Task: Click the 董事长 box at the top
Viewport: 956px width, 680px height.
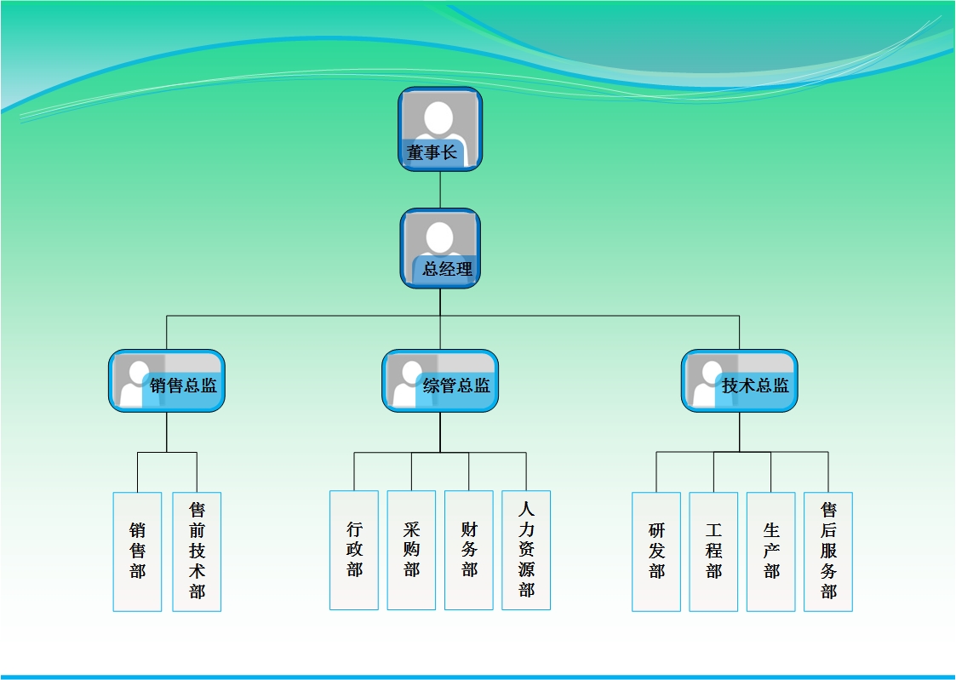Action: click(x=440, y=129)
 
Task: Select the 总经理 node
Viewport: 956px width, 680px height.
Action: click(x=440, y=248)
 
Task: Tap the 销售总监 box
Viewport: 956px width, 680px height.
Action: click(x=167, y=381)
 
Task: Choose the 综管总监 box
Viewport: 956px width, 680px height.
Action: click(x=440, y=381)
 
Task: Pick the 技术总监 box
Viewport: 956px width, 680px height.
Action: click(x=739, y=381)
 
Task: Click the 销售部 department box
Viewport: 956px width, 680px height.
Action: click(x=137, y=551)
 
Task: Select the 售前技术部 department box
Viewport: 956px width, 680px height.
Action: click(x=197, y=551)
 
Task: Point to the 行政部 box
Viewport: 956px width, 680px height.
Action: click(x=354, y=550)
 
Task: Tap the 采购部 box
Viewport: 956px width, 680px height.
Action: click(x=411, y=550)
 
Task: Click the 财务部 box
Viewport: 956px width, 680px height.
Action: click(x=469, y=550)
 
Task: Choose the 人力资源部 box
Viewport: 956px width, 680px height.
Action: click(x=526, y=550)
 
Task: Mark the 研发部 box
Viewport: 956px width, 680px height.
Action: click(x=656, y=551)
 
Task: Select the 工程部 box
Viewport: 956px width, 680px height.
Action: click(x=713, y=551)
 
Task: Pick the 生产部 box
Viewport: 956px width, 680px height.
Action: click(x=771, y=551)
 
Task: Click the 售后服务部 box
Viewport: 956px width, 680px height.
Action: click(x=828, y=551)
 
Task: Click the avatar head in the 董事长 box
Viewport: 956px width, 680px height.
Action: click(x=439, y=117)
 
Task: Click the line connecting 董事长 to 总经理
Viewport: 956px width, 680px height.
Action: click(x=440, y=190)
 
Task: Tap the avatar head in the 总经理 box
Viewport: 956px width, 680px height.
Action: click(x=439, y=236)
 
